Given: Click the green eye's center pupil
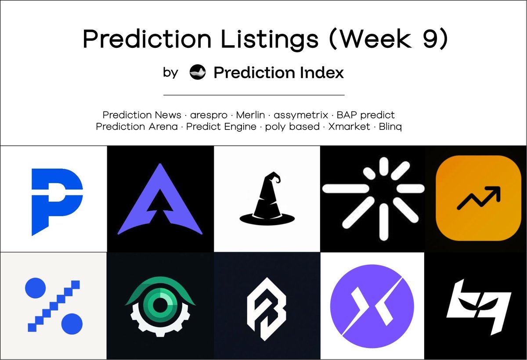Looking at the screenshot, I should [160, 303].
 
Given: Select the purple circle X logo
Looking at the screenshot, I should [372, 306].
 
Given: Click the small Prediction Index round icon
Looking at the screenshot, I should [198, 72].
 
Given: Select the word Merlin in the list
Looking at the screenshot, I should [250, 115].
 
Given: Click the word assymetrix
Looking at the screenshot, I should [301, 115].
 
